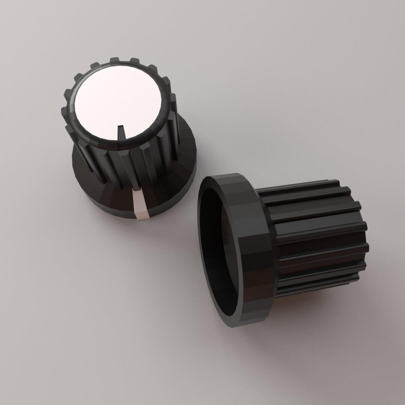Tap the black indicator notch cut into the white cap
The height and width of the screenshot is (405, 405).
pyautogui.click(x=121, y=131)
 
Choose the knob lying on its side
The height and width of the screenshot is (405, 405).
pyautogui.click(x=281, y=247)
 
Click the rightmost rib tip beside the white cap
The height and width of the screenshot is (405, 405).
pyautogui.click(x=173, y=98)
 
